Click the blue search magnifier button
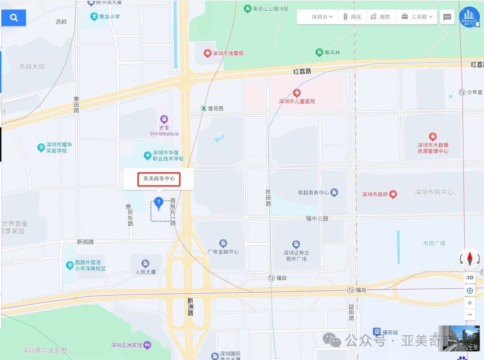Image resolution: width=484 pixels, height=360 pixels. click(14, 18)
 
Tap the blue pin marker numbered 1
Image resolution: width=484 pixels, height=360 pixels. click(158, 203)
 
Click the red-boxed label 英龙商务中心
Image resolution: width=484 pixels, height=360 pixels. click(159, 179)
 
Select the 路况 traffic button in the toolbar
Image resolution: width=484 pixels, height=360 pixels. click(352, 17)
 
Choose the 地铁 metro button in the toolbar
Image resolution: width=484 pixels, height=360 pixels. click(380, 17)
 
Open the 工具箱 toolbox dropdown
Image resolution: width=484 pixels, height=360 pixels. click(417, 17)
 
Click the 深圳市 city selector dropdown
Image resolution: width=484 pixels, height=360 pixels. click(322, 17)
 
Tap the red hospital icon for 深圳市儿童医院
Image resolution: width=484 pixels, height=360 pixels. click(297, 93)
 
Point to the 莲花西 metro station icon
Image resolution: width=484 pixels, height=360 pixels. click(203, 108)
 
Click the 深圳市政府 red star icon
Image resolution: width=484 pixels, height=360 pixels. click(393, 194)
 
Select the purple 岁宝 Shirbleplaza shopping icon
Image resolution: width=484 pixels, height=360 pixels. click(164, 119)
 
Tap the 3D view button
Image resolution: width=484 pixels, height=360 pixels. click(470, 278)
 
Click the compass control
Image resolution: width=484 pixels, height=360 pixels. click(470, 259)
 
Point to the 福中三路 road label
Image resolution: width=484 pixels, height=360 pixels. click(317, 218)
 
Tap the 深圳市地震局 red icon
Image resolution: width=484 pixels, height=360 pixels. click(207, 53)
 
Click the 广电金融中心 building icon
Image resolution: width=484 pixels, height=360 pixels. click(223, 243)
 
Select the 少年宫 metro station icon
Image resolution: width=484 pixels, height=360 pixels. click(462, 92)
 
